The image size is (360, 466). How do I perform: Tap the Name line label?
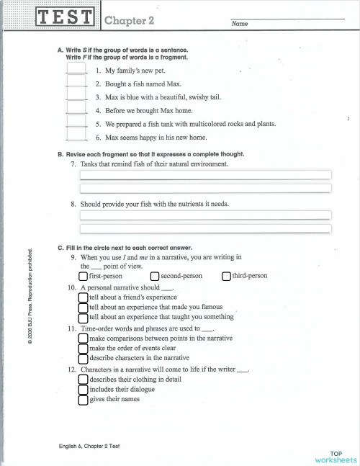[240, 24]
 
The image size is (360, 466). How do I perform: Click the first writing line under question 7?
[205, 174]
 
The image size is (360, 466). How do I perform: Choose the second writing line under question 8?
[205, 228]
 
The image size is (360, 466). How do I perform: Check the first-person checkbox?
[84, 276]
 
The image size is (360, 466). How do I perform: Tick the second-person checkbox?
[155, 276]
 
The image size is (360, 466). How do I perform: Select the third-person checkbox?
[226, 276]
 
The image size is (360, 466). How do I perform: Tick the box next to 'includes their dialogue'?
[84, 390]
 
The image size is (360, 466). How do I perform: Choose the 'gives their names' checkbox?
[84, 400]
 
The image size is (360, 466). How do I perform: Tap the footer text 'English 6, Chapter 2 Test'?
[89, 447]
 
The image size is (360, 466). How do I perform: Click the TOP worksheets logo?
[335, 455]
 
